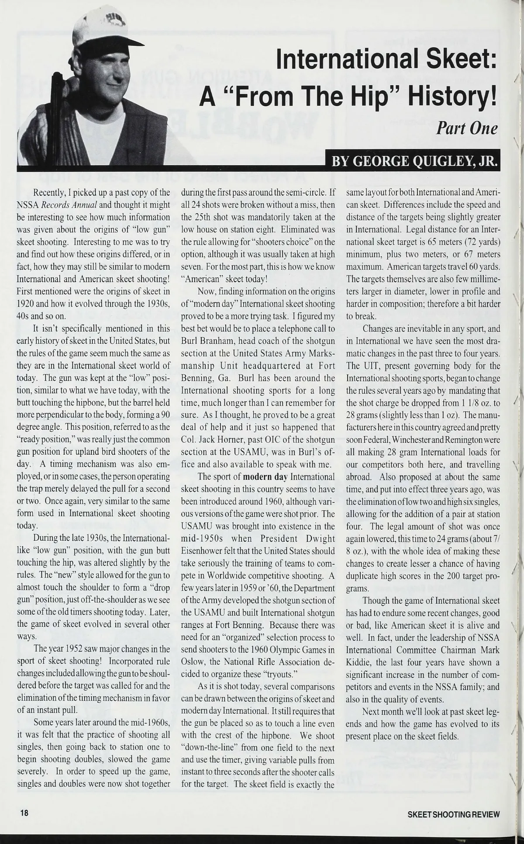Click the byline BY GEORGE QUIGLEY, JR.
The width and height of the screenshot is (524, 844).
[x=415, y=162]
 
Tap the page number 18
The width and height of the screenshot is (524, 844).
[x=23, y=814]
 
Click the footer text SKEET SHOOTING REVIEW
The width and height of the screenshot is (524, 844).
[x=453, y=814]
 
